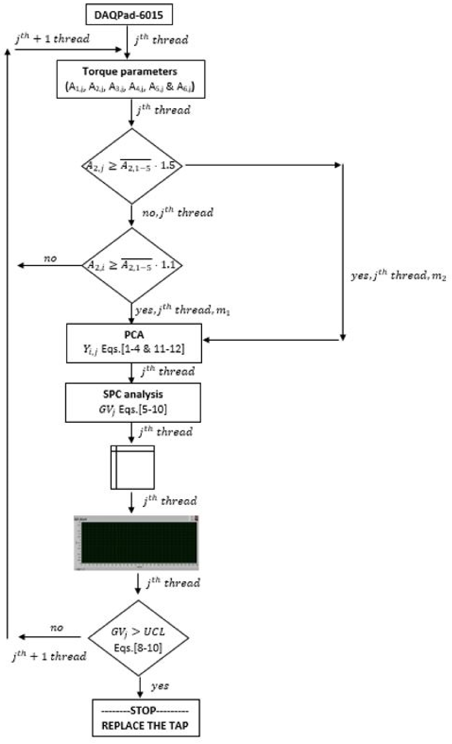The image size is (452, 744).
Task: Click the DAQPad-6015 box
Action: (129, 14)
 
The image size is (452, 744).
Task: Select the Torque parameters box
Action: (131, 79)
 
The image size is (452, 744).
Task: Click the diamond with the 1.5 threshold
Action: (132, 166)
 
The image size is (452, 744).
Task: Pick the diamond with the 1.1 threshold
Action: (132, 265)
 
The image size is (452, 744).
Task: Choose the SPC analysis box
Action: (133, 402)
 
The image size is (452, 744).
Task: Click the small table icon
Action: (132, 467)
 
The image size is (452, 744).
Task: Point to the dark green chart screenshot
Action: (136, 543)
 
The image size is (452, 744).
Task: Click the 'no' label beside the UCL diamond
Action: (56, 628)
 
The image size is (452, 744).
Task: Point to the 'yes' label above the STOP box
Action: (160, 686)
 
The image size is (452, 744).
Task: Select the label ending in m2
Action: (398, 276)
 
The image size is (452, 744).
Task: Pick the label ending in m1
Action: (182, 310)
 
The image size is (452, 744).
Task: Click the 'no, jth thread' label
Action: (178, 212)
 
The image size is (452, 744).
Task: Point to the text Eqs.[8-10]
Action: (138, 647)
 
